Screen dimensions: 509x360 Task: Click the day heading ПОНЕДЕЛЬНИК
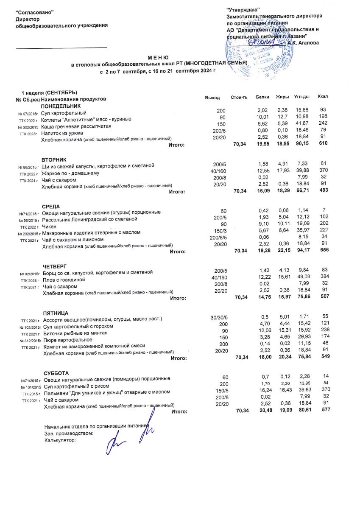click(60, 106)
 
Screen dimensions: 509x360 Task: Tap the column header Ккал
click(323, 97)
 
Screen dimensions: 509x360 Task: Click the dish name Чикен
click(50, 227)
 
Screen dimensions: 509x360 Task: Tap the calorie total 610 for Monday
click(323, 144)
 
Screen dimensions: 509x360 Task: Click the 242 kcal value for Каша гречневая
click(323, 123)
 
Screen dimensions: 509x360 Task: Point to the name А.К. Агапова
click(303, 42)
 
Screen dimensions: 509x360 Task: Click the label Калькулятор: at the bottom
click(60, 440)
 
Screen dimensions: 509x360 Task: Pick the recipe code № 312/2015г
click(29, 340)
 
